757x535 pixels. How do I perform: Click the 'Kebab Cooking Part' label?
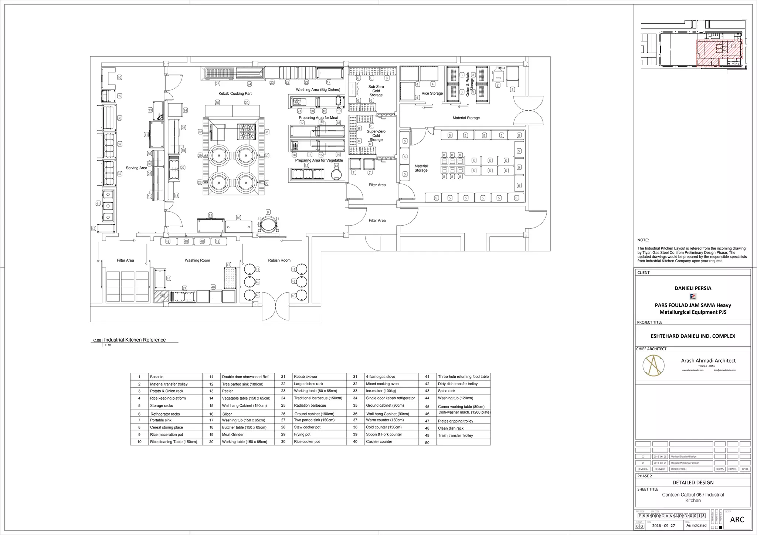(235, 94)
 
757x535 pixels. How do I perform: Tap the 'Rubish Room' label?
(279, 260)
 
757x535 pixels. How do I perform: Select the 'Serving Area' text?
(136, 168)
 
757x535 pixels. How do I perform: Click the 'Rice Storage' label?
(432, 94)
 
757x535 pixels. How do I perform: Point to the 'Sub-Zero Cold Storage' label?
(376, 91)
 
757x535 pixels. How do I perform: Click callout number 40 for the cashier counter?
(119, 78)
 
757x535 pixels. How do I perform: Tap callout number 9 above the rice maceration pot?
(268, 212)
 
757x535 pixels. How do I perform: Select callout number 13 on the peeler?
(336, 166)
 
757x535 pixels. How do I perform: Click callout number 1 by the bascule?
(512, 90)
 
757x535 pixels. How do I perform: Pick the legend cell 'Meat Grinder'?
(233, 435)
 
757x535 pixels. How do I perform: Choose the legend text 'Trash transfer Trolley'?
(455, 435)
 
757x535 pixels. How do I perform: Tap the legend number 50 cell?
(427, 443)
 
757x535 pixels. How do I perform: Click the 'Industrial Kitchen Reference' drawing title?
(135, 340)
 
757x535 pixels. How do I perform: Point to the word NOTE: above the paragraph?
(643, 240)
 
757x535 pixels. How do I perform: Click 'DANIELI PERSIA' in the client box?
(693, 288)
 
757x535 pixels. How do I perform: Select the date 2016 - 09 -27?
(664, 526)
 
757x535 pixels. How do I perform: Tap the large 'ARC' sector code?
(737, 520)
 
